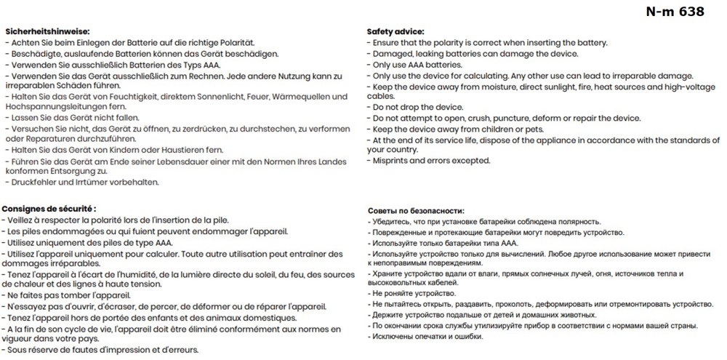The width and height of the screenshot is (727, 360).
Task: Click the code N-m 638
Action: [x=675, y=12]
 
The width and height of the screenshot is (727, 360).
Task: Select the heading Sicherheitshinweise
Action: [x=47, y=32]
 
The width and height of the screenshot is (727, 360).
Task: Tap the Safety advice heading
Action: [x=395, y=32]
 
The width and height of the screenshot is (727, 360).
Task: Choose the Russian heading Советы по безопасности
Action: [x=416, y=210]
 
